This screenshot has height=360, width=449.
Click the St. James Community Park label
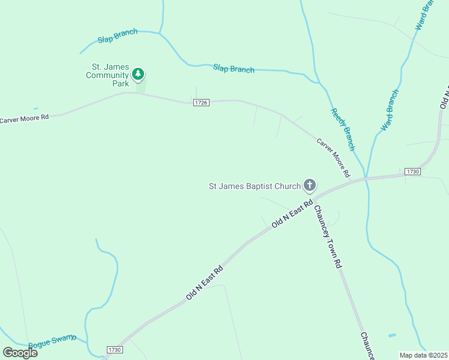[107, 75]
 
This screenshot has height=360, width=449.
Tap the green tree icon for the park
[139, 74]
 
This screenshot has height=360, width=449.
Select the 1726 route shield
[201, 103]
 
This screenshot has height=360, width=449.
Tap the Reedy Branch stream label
[343, 129]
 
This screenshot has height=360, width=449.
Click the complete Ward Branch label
[390, 110]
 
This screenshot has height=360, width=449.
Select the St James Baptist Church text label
[255, 186]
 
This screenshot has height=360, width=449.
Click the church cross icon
[310, 185]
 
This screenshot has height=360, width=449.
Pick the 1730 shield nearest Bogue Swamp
[115, 350]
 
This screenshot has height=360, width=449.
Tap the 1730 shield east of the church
[412, 172]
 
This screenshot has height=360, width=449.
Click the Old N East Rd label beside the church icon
[292, 214]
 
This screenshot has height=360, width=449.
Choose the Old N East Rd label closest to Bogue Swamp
[204, 283]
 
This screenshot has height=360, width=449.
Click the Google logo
[20, 353]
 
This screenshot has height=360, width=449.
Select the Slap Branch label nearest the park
[118, 36]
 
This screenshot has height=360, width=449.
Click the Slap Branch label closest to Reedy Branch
[234, 68]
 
